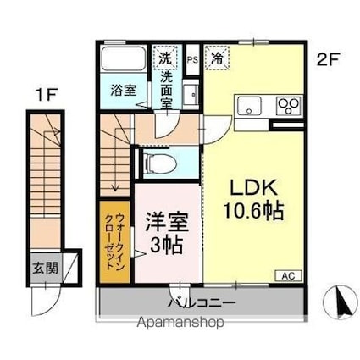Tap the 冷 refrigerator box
(x=218, y=58)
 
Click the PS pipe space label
(x=191, y=59)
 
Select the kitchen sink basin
(x=251, y=105)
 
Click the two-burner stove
(x=289, y=106)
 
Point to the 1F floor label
(x=44, y=95)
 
